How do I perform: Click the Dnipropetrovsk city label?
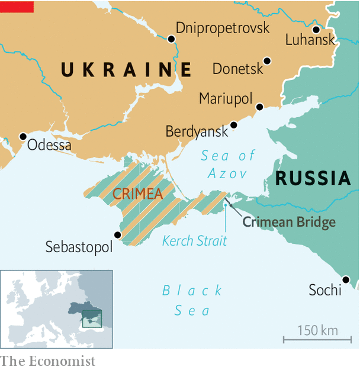222,28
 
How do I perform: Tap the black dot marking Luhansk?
316,30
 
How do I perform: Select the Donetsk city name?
237,69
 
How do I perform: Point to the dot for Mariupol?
259,107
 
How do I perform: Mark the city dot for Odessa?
23,136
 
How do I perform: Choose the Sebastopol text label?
79,247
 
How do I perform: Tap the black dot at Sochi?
346,279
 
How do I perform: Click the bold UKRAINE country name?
126,70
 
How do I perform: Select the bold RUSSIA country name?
313,178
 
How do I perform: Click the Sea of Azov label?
227,164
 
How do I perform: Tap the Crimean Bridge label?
289,222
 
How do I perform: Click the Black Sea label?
192,300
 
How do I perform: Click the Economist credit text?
47,361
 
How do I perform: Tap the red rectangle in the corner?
17,7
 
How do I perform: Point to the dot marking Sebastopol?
117,235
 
